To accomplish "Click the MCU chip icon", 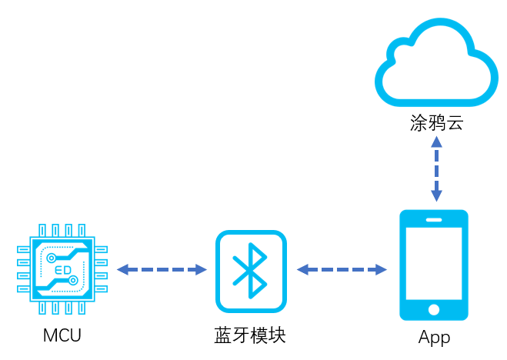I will (62, 269).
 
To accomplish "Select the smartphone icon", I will (434, 265).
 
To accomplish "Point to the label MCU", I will (62, 336).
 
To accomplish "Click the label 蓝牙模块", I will (250, 336).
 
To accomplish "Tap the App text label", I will (434, 338).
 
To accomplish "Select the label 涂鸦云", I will (436, 123).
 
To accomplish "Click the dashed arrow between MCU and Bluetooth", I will (162, 270).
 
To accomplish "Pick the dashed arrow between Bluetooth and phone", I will (342, 270).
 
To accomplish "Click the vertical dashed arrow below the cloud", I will (436, 169).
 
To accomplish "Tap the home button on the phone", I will (434, 309).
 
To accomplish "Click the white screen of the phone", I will (434, 262).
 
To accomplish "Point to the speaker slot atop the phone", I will (434, 218).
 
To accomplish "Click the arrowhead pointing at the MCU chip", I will (122, 270).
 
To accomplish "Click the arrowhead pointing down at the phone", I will (436, 196).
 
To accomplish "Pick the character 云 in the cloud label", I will (455, 123).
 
